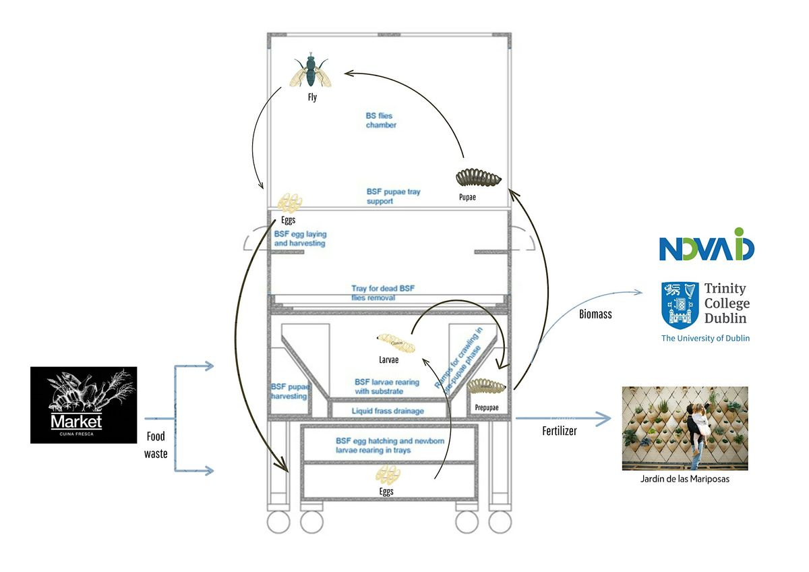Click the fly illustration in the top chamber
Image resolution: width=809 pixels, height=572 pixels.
pyautogui.click(x=311, y=71)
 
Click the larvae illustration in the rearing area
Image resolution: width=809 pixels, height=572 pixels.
pyautogui.click(x=396, y=342)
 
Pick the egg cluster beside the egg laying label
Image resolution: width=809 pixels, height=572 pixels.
pyautogui.click(x=291, y=202)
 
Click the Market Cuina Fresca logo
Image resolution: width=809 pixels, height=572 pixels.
pyautogui.click(x=84, y=405)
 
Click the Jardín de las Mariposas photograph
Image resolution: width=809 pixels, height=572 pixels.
pyautogui.click(x=684, y=428)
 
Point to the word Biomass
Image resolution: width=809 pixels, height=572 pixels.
pyautogui.click(x=595, y=314)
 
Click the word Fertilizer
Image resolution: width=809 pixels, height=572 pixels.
pyautogui.click(x=559, y=430)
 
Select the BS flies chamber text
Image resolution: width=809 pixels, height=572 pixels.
pyautogui.click(x=381, y=121)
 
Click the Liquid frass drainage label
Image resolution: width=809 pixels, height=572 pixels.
pyautogui.click(x=388, y=411)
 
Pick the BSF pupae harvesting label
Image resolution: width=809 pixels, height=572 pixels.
pyautogui.click(x=290, y=391)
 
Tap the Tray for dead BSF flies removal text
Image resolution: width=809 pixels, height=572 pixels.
pyautogui.click(x=382, y=293)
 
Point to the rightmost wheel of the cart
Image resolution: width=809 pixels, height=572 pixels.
pyautogui.click(x=500, y=521)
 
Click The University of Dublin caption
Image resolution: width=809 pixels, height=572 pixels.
pyautogui.click(x=705, y=338)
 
